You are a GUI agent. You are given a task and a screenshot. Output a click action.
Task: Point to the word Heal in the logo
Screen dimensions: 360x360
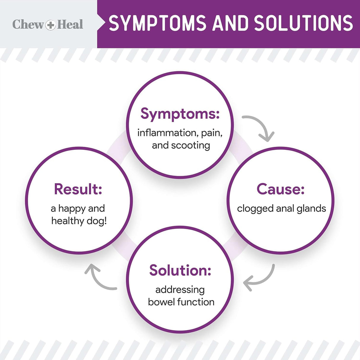click(x=70, y=24)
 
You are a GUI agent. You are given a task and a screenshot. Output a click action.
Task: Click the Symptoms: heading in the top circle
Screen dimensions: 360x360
click(x=180, y=114)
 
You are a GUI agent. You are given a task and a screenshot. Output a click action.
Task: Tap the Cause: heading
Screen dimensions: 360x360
click(x=281, y=189)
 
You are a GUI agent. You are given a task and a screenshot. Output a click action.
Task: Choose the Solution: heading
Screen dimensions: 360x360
click(x=180, y=270)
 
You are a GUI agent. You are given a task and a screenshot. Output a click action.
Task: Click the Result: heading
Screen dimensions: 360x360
click(x=78, y=189)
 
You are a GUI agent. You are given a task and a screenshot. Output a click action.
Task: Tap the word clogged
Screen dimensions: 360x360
click(x=255, y=209)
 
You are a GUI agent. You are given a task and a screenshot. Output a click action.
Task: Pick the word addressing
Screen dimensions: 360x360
click(x=180, y=290)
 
